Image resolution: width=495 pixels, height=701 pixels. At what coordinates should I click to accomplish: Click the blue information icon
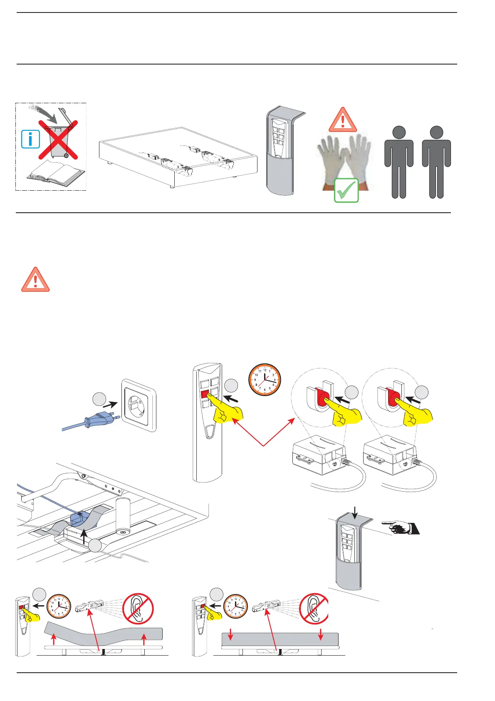[30, 139]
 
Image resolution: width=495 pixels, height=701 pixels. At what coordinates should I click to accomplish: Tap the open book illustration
[56, 172]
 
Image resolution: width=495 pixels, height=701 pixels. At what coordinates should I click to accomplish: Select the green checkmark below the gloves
[346, 190]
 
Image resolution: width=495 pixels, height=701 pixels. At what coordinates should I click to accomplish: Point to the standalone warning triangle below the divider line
[35, 280]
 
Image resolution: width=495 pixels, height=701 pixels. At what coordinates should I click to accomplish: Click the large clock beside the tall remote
[265, 380]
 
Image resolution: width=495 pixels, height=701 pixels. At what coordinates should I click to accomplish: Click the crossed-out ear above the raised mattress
[138, 609]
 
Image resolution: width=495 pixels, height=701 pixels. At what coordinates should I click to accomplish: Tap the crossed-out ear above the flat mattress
[314, 609]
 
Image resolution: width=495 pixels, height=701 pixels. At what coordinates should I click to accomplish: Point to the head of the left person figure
[399, 132]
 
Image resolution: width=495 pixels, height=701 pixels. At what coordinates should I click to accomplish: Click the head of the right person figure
[436, 132]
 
